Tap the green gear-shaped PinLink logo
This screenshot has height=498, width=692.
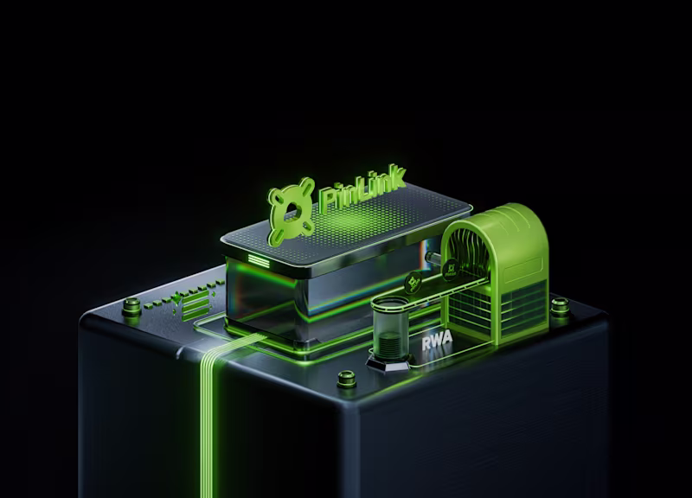[x=291, y=211]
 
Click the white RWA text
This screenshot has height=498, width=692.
[x=438, y=343]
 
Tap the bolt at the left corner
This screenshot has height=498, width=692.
[x=131, y=306]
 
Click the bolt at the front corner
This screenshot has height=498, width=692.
[x=346, y=379]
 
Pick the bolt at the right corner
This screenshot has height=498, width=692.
[x=560, y=306]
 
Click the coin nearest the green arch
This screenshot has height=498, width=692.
[x=453, y=271]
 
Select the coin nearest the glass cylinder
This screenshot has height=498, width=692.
[x=413, y=284]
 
